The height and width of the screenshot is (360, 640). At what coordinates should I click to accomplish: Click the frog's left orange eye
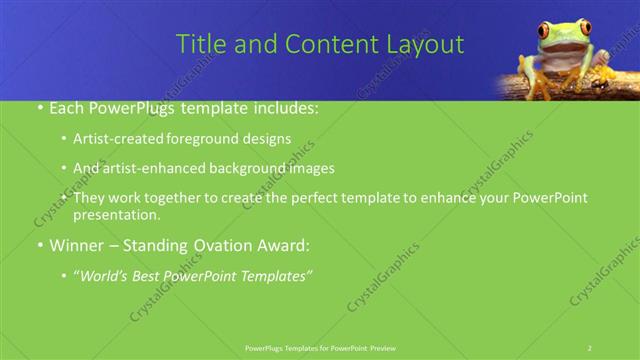[x=544, y=31]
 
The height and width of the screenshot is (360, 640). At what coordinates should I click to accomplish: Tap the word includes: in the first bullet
[x=285, y=106]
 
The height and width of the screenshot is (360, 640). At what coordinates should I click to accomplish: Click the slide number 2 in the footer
[x=590, y=347]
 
